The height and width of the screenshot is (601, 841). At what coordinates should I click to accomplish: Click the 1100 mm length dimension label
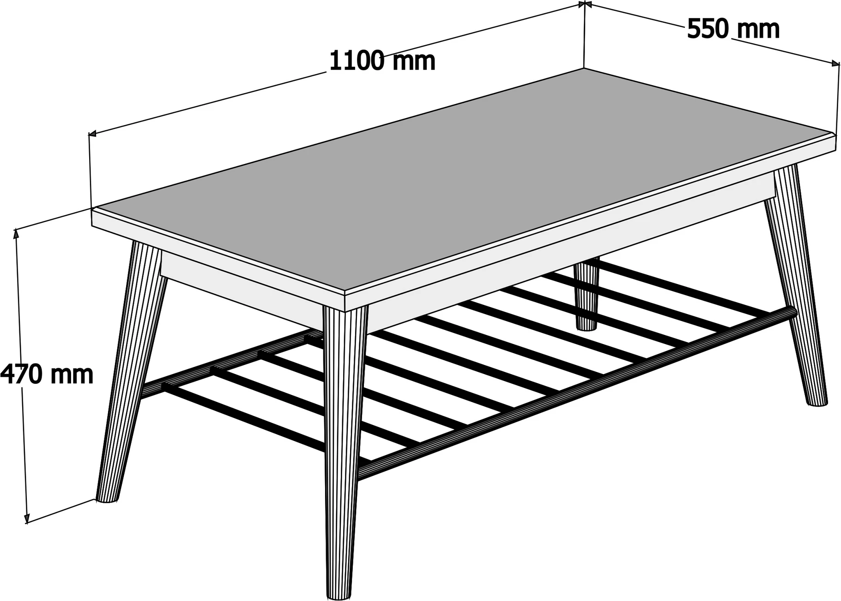pos(382,61)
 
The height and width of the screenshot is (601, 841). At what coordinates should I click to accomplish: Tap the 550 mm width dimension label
pos(733,29)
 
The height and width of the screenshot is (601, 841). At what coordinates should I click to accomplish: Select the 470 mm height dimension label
pos(46,374)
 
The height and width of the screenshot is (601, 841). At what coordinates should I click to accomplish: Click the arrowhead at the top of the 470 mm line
pos(18,234)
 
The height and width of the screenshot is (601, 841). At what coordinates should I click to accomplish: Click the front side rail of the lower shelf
pos(577,393)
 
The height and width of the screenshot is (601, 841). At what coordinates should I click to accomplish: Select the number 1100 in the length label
pos(357,61)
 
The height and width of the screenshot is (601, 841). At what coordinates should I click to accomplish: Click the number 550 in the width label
pos(708,29)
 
